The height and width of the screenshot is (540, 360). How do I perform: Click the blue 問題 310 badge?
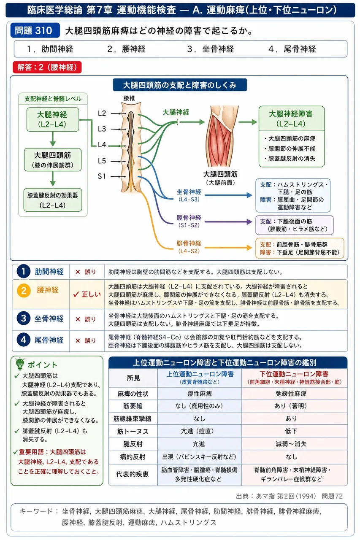pos(35,30)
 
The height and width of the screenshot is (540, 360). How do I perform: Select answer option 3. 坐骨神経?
pos(211,49)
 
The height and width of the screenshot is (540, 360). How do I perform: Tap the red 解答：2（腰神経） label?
pos(47,67)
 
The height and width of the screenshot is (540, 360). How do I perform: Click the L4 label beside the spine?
pos(102,145)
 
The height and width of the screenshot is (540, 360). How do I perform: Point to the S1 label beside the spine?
pos(102,176)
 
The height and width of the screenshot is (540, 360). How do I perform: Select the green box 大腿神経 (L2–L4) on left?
pos(53,119)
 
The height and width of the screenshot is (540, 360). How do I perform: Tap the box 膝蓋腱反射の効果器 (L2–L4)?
pos(53,200)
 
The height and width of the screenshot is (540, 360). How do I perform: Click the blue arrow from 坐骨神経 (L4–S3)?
pos(228,195)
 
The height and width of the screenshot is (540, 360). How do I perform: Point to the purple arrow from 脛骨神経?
pos(228,222)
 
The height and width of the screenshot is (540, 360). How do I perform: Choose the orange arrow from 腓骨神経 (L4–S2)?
pos(228,248)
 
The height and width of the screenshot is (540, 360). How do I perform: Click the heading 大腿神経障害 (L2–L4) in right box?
pos(291,119)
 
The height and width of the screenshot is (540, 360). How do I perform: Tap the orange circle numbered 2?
pos(24,291)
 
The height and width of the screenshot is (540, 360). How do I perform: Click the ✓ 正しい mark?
pos(87,294)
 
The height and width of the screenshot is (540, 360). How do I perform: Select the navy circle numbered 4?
pos(23,340)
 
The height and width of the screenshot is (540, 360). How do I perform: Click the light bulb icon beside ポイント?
pos(20,364)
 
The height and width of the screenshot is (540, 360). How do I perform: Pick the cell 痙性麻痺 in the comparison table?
pos(200,394)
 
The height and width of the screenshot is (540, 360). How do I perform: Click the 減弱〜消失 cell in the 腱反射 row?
pos(291,444)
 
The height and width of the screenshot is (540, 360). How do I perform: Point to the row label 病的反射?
pos(133,457)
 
